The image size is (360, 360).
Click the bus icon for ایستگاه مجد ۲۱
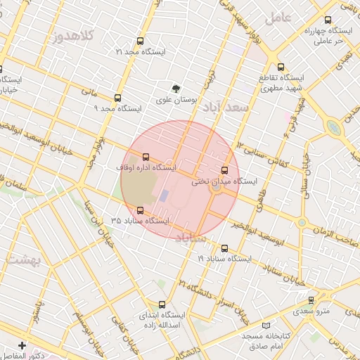140,41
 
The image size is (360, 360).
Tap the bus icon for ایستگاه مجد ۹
117,98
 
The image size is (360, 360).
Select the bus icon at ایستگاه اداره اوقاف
146,157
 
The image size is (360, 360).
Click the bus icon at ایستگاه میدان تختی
225,170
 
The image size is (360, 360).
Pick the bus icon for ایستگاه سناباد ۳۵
140,210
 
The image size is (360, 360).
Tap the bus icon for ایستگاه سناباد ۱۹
225,248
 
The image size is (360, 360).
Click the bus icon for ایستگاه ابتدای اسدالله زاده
163,304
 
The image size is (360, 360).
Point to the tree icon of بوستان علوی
176,89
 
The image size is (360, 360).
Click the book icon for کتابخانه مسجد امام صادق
265,326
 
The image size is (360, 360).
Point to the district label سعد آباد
226,108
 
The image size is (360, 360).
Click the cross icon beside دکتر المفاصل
22,345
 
